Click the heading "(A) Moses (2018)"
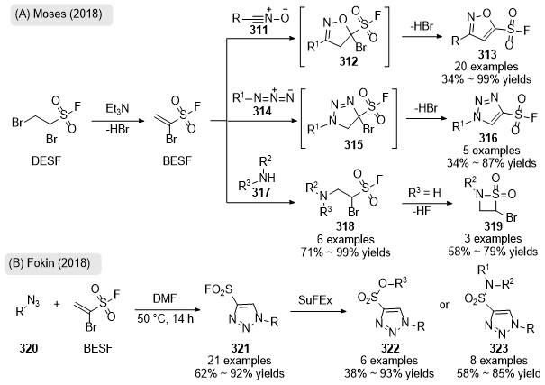click(59, 14)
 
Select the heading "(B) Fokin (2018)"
click(50, 263)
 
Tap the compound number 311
click(259, 30)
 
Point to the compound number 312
click(349, 61)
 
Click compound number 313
click(487, 54)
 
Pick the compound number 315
click(353, 144)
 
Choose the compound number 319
click(494, 226)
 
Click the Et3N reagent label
click(117, 109)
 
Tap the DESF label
click(46, 161)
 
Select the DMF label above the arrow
click(165, 298)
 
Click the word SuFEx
click(315, 300)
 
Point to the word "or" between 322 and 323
click(444, 305)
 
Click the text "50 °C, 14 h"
click(166, 318)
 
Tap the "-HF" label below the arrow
click(422, 211)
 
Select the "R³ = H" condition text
click(424, 193)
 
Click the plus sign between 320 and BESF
click(57, 305)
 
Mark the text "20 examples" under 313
click(486, 67)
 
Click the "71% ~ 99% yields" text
click(346, 252)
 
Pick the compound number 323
click(499, 348)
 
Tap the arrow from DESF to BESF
click(117, 121)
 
